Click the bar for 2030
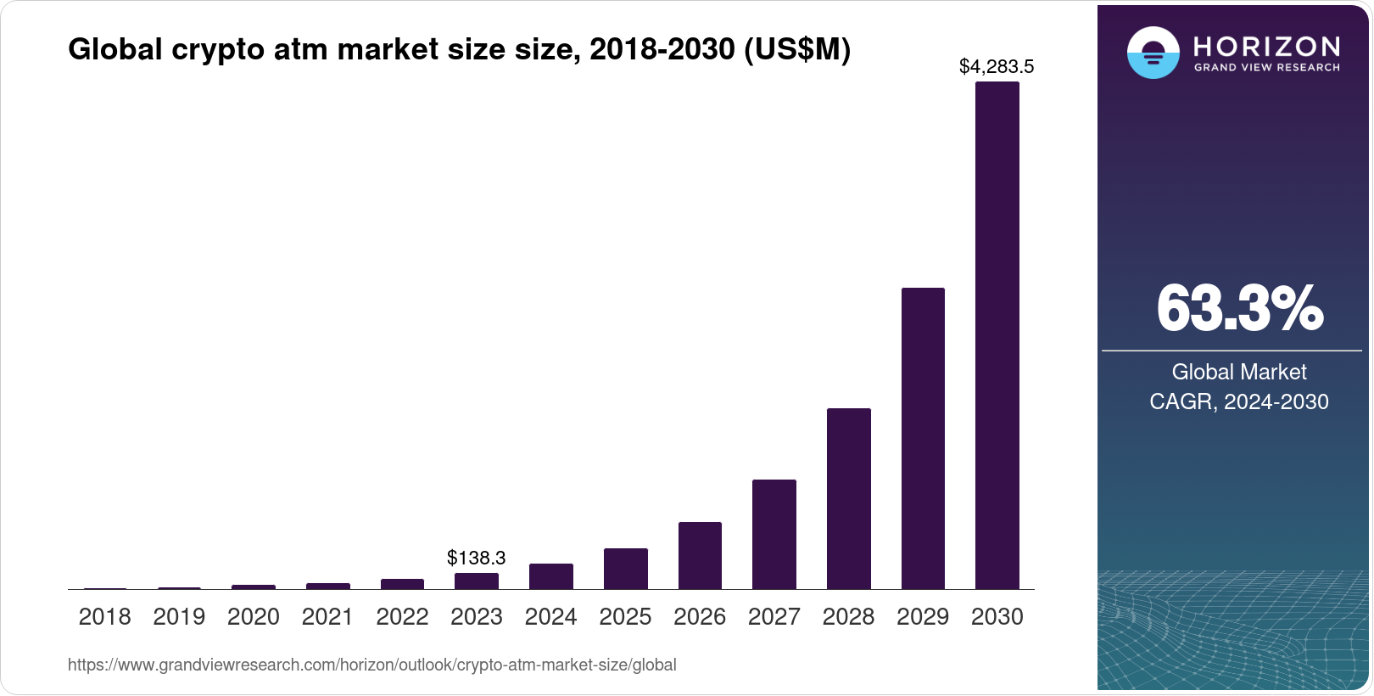click(997, 335)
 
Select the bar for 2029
click(923, 438)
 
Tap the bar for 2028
click(848, 498)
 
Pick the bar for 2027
click(774, 534)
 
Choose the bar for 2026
click(700, 555)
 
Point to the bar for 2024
click(550, 576)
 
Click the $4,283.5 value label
click(996, 66)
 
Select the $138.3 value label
click(476, 558)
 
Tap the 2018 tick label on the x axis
click(104, 616)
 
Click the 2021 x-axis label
click(327, 616)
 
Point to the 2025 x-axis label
click(625, 616)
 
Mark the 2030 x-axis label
click(997, 616)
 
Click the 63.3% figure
click(1238, 309)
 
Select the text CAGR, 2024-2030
click(1238, 401)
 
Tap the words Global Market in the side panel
click(1238, 372)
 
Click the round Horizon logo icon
click(1153, 53)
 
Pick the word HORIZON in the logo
click(1266, 46)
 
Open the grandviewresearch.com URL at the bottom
click(371, 665)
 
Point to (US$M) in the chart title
click(796, 50)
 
